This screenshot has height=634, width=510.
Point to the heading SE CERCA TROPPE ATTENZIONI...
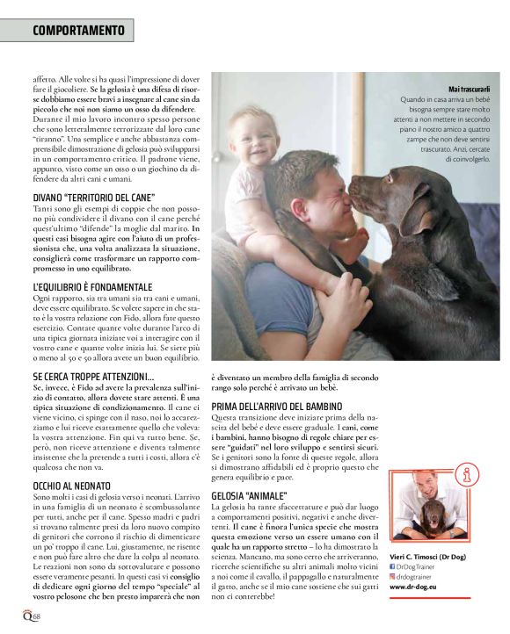[x=92, y=375]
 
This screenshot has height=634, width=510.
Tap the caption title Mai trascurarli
[x=467, y=89]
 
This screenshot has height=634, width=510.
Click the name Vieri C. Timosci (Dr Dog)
[x=433, y=556]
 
